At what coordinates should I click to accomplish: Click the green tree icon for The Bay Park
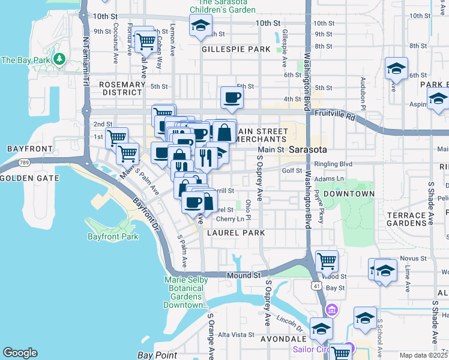[59, 59]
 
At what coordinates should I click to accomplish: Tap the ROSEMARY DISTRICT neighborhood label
[122, 89]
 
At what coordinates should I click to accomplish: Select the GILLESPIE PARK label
[237, 49]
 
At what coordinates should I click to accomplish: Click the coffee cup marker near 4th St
[232, 98]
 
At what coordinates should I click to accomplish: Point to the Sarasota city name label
[308, 149]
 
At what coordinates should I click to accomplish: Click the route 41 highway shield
[316, 286]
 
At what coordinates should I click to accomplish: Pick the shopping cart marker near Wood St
[327, 262]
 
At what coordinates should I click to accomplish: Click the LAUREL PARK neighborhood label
[237, 232]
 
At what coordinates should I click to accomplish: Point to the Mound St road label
[244, 275]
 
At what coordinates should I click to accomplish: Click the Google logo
[20, 353]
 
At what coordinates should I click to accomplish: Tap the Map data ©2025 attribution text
[423, 355]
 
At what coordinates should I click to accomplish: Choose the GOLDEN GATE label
[29, 178]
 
